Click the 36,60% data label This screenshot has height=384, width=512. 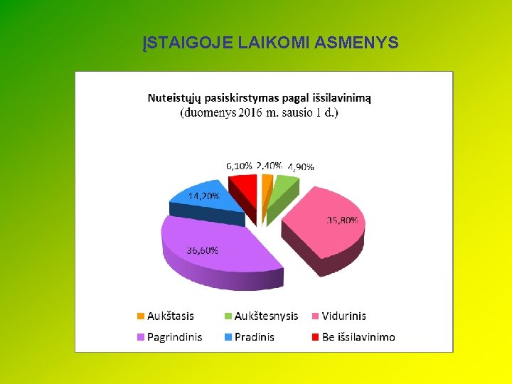(x=203, y=250)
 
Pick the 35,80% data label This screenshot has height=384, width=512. (x=342, y=220)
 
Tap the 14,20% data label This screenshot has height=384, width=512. (x=203, y=196)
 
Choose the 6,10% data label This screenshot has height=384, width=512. (x=239, y=165)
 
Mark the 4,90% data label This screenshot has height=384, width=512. (x=301, y=167)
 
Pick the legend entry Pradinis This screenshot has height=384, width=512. (x=254, y=336)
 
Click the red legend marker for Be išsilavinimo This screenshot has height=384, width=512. (x=315, y=337)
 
